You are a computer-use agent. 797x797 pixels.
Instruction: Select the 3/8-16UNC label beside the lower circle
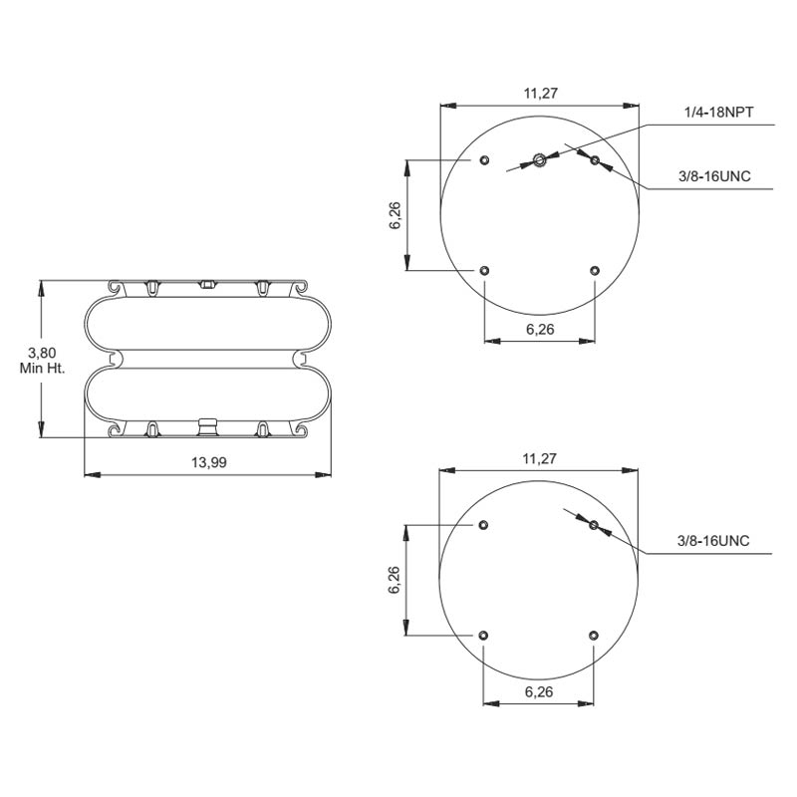click(x=713, y=541)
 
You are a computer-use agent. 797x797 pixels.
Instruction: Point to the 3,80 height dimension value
click(x=41, y=353)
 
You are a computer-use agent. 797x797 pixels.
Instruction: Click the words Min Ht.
click(x=42, y=369)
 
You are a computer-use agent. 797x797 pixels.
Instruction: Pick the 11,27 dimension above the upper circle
click(x=539, y=94)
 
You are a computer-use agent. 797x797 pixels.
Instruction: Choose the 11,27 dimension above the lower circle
click(x=539, y=458)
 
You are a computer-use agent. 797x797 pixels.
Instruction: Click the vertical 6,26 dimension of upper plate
click(x=396, y=214)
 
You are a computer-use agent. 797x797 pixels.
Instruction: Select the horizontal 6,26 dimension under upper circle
click(x=539, y=330)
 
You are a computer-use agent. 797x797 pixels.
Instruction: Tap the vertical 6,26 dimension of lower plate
click(x=396, y=579)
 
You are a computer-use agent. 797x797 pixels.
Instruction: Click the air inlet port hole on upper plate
click(x=539, y=159)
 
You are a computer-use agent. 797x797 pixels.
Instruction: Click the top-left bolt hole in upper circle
click(x=484, y=160)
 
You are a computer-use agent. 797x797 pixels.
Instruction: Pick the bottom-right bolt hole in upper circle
click(x=595, y=270)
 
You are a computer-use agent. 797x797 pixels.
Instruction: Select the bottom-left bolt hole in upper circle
click(x=484, y=270)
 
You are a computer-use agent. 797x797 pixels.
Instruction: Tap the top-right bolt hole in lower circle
click(x=594, y=525)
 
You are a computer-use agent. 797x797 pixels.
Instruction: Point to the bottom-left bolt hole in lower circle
click(x=484, y=635)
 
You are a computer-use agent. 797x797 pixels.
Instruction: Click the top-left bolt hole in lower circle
click(x=484, y=525)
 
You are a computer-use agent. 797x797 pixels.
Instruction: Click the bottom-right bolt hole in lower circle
click(x=595, y=635)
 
